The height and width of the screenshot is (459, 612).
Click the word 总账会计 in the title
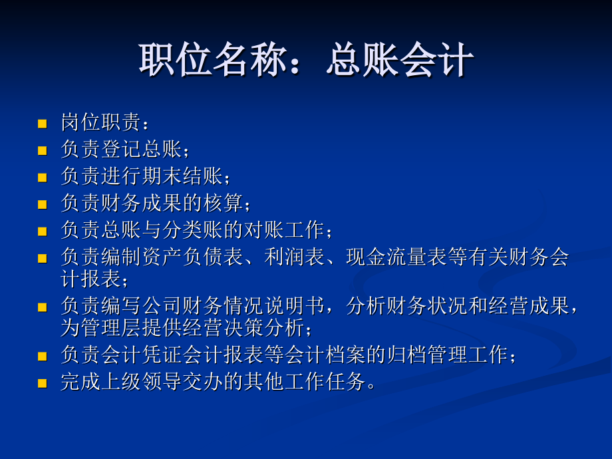point(400,62)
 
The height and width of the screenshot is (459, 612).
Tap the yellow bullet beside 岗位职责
point(43,124)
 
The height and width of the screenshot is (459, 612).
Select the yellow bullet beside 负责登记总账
point(43,150)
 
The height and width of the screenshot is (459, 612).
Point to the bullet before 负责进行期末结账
point(43,177)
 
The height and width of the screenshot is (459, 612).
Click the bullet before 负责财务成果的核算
point(43,204)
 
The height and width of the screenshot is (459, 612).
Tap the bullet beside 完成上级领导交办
point(43,383)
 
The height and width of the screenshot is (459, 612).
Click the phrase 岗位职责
point(100,122)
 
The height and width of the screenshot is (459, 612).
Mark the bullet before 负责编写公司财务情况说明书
point(43,307)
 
